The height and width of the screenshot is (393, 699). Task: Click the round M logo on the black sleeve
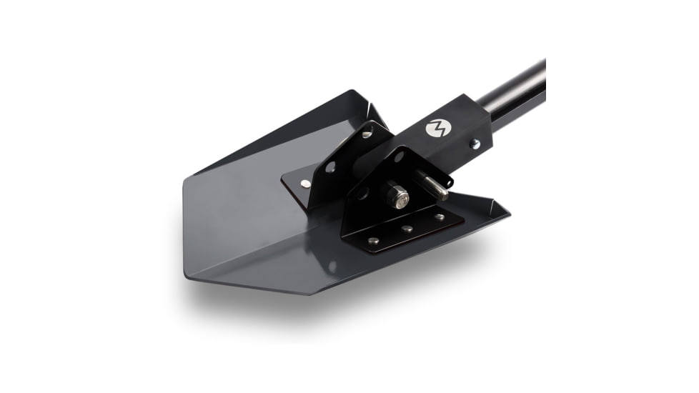[435, 129]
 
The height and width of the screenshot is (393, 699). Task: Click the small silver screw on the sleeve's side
[474, 144]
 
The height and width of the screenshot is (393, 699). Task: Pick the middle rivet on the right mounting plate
[407, 229]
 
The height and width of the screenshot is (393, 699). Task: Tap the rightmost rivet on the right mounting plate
[440, 217]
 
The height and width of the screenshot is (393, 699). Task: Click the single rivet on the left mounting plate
[306, 184]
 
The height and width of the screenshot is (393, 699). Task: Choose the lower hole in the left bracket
[330, 167]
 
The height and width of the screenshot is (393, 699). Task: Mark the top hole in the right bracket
[399, 156]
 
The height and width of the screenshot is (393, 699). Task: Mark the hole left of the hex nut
[364, 194]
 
